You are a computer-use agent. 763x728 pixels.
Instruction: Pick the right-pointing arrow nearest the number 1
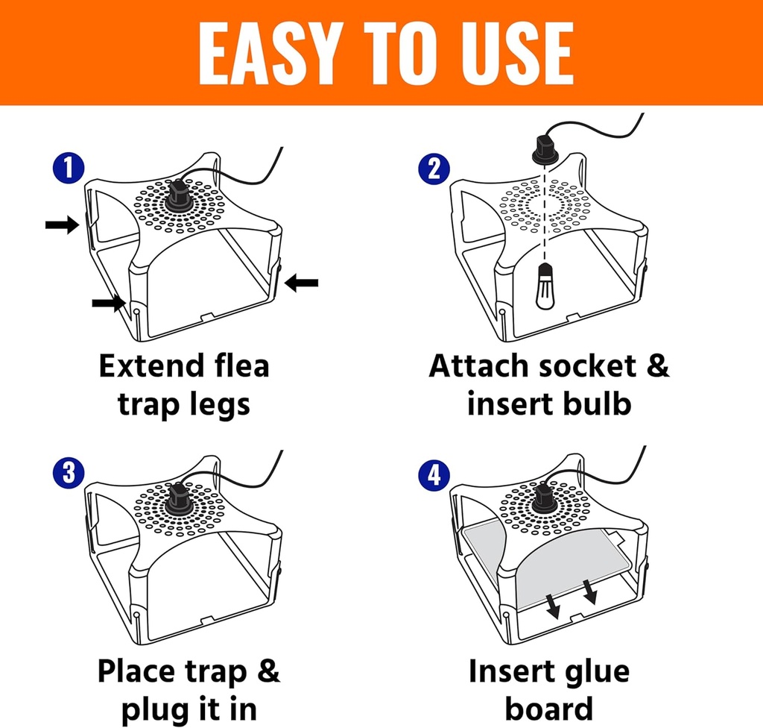[x=62, y=225]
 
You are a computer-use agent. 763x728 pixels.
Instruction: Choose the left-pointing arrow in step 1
[x=302, y=283]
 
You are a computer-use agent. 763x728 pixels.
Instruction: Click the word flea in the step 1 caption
[x=238, y=366]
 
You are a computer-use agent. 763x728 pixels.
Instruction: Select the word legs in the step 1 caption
[x=218, y=404]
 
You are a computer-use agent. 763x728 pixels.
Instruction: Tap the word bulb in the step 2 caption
[x=596, y=404]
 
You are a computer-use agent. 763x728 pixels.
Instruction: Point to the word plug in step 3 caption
[x=151, y=708]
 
